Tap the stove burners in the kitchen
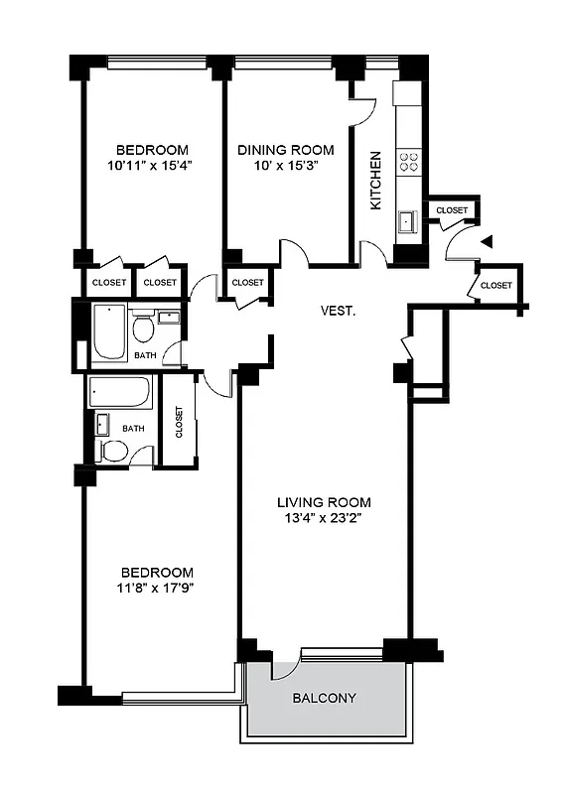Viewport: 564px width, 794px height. [x=408, y=162]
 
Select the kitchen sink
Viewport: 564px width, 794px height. [x=407, y=220]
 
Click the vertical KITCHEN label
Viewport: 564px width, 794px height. [x=376, y=181]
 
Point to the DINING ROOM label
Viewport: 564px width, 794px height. [x=285, y=150]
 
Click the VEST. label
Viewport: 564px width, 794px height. [x=338, y=311]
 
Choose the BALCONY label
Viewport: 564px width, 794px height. [x=324, y=698]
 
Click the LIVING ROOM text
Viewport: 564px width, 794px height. [x=324, y=501]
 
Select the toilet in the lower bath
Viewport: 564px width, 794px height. [x=114, y=452]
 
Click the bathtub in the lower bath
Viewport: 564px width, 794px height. [x=119, y=393]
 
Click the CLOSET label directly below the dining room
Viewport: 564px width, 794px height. [x=247, y=283]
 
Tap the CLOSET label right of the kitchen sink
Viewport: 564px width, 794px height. [x=452, y=210]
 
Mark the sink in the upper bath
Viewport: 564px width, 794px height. [x=169, y=319]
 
